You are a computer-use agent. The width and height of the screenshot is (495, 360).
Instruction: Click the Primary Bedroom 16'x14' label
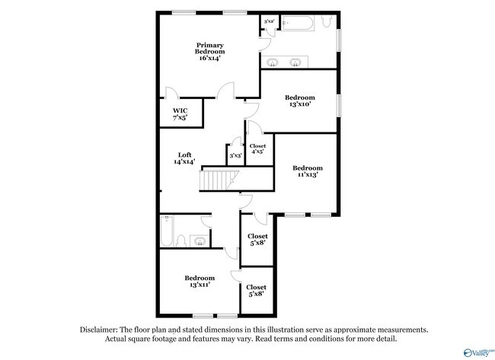[209, 51]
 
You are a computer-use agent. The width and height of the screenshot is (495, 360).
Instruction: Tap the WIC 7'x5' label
[179, 114]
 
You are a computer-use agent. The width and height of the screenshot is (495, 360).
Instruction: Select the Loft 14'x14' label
[184, 158]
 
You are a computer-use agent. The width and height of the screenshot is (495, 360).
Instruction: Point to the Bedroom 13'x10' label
[299, 101]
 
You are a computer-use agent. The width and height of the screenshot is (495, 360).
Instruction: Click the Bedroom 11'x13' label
[307, 171]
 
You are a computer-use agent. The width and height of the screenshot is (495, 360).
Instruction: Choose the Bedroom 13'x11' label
[199, 281]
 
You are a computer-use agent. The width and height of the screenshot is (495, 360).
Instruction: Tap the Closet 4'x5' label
[257, 148]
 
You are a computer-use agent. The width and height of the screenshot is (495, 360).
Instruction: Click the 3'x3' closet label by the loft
[235, 155]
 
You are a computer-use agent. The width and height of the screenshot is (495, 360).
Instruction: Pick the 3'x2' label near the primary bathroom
[269, 23]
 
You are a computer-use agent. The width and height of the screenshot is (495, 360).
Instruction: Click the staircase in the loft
[219, 181]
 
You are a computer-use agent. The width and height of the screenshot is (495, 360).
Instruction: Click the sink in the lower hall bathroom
[200, 241]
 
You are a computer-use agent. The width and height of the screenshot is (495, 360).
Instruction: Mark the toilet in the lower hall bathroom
[181, 241]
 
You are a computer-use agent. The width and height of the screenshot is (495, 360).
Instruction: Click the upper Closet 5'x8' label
[257, 240]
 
